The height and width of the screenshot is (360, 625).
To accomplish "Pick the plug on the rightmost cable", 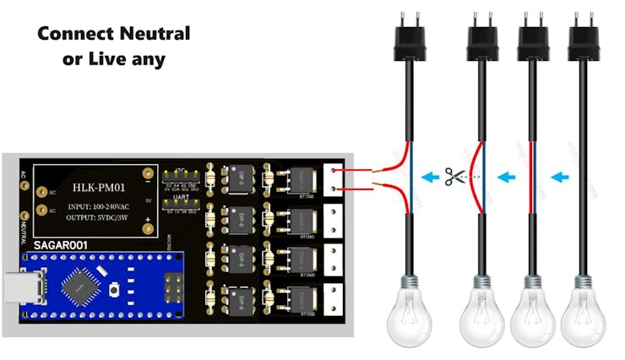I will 582,39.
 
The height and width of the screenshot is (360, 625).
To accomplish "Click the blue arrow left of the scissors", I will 432,177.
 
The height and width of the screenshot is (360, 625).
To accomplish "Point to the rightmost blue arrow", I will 558,177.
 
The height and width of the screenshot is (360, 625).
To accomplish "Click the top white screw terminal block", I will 337,180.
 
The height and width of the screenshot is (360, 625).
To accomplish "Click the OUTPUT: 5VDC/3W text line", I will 99,218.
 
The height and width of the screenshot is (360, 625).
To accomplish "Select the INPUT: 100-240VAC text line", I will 99,205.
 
